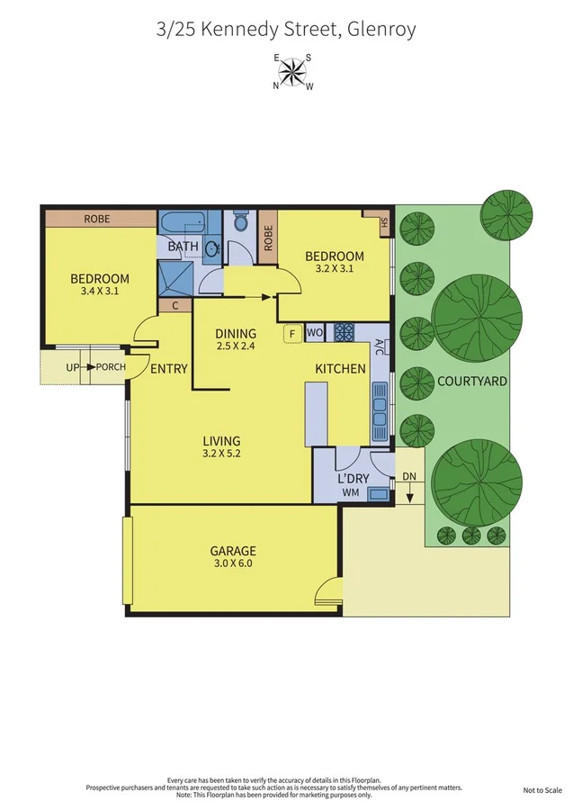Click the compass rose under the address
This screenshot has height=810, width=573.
pyautogui.click(x=292, y=71)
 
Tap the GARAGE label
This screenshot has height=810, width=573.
pyautogui.click(x=233, y=551)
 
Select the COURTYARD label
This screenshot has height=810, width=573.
pyautogui.click(x=471, y=381)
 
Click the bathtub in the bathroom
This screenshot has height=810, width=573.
pyautogui.click(x=184, y=222)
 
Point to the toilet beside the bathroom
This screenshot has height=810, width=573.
pyautogui.click(x=240, y=221)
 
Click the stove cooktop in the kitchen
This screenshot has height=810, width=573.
pyautogui.click(x=345, y=333)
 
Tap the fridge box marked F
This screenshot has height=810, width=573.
pyautogui.click(x=291, y=334)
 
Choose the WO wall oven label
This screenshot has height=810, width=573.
pyautogui.click(x=315, y=333)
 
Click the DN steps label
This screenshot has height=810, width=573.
pyautogui.click(x=409, y=476)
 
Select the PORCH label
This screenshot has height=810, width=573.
pyautogui.click(x=111, y=367)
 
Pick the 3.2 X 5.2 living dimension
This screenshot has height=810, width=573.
pyautogui.click(x=221, y=454)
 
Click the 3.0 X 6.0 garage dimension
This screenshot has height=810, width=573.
pyautogui.click(x=233, y=564)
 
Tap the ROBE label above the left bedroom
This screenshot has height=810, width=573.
pyautogui.click(x=97, y=218)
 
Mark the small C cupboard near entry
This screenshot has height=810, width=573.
pyautogui.click(x=175, y=306)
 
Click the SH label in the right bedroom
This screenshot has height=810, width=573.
pyautogui.click(x=383, y=222)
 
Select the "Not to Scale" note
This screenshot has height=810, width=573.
pyautogui.click(x=542, y=790)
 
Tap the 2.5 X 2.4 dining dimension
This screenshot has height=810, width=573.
pyautogui.click(x=236, y=346)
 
